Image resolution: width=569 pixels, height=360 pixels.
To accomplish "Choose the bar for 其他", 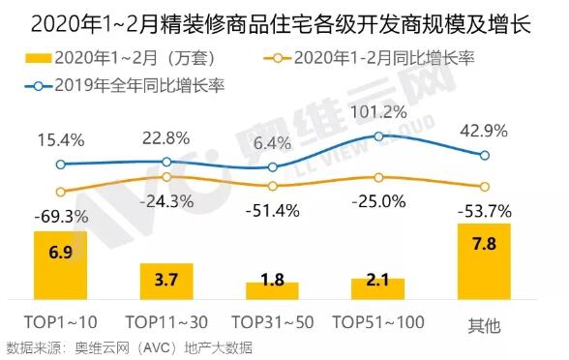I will pos(484,261).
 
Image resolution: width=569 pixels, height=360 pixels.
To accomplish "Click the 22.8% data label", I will pos(166,138).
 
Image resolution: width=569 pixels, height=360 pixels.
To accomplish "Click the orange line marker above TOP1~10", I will pos(60,192).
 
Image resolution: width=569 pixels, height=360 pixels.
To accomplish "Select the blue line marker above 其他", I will pos(485,154).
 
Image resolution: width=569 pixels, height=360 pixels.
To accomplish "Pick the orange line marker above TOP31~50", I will pos(272,186).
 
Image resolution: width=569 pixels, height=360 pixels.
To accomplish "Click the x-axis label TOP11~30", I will pos(166,323).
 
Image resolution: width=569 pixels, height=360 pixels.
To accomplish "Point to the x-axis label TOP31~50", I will pos(272,323).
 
